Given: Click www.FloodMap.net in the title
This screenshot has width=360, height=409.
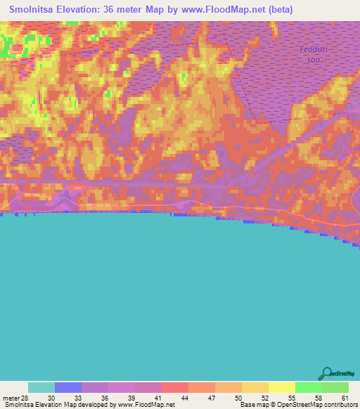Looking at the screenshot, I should click(x=216, y=10).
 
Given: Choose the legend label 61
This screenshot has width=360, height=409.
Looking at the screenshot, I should click(x=344, y=398).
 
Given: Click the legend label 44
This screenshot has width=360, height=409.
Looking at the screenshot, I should click(x=183, y=398).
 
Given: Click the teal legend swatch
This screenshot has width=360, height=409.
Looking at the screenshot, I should click(x=41, y=387).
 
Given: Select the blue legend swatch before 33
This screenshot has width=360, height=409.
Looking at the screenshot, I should click(x=68, y=387).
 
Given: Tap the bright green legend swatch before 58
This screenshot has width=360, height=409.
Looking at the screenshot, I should click(x=308, y=387).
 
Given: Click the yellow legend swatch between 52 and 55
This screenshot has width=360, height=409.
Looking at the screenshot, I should click(x=281, y=387).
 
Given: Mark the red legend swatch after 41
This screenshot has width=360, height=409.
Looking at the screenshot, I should click(x=175, y=387).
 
